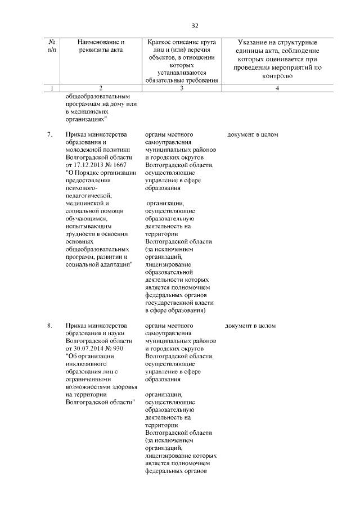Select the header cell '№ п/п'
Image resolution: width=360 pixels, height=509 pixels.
(52, 46)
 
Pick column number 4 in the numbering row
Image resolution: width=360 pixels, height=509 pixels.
(278, 88)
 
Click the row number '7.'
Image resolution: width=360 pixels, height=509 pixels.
(49, 135)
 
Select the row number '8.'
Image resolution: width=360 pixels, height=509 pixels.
(49, 326)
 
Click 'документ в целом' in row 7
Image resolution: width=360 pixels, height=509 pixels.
(253, 135)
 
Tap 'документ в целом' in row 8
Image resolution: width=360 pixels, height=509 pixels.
(250, 326)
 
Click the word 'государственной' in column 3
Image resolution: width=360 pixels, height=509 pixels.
(169, 302)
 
